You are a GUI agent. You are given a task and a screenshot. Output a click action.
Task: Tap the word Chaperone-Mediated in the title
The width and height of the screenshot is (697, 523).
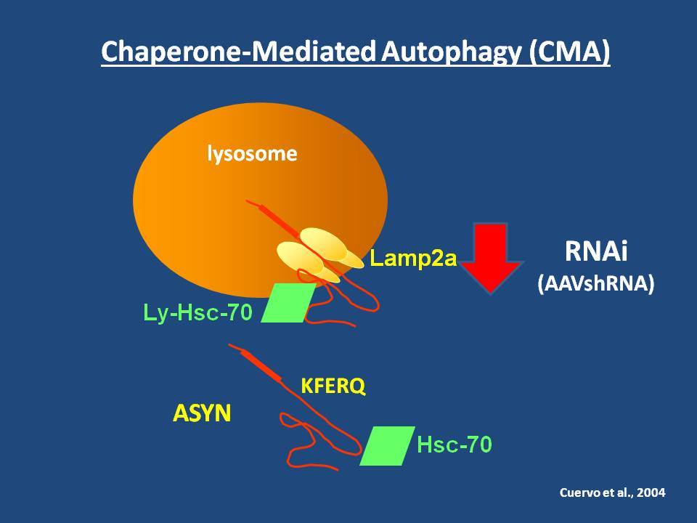coord(238,52)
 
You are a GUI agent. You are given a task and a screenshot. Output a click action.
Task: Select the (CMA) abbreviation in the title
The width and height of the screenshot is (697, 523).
coord(569,52)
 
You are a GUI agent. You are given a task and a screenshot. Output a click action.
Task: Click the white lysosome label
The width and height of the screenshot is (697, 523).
coord(252,154)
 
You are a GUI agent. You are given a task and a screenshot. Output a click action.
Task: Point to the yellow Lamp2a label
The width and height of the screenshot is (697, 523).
coord(413,258)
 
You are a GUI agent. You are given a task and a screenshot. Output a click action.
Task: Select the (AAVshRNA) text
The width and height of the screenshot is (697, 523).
coord(595,283)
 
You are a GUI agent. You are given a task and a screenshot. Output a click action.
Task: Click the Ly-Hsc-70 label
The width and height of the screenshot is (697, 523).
coord(197,312)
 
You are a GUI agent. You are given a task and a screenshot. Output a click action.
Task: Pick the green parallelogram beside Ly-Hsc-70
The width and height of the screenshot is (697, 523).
coord(288,303)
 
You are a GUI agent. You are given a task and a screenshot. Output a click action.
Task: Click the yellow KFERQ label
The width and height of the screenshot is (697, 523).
coord(333,386)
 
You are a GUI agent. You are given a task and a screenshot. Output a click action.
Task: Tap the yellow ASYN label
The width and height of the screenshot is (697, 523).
coord(202,413)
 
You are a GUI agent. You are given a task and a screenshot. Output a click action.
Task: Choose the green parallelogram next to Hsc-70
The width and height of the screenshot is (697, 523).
coord(387,445)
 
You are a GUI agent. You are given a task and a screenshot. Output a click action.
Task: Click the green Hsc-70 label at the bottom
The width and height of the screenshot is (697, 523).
coord(455,445)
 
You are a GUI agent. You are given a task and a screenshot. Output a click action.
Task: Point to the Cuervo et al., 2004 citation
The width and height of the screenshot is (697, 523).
coord(612,492)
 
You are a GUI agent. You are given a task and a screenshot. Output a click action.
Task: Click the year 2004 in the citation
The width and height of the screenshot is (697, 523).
coord(651,492)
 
